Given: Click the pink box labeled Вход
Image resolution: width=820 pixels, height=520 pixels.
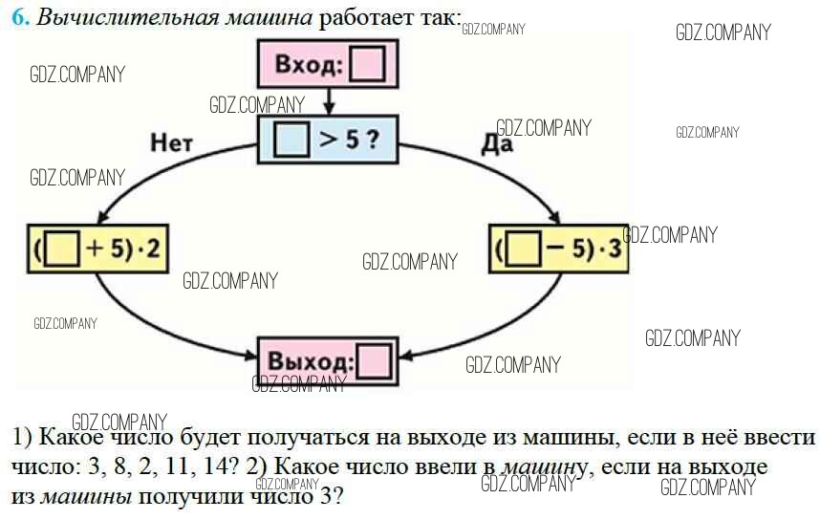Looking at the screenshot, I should point(328,66).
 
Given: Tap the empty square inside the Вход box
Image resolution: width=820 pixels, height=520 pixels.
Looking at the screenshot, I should point(367,66).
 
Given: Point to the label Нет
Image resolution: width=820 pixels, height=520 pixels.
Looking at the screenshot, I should point(171,142).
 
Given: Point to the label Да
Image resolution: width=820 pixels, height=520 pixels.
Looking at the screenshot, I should point(496,144).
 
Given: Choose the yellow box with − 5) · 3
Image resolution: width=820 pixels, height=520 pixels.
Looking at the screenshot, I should point(558,250).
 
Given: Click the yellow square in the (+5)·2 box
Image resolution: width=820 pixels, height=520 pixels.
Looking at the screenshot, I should point(61,249).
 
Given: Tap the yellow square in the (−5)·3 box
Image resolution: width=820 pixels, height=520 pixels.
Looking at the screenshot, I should point(523,251).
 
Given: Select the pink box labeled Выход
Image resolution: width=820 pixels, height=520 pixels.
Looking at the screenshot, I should point(327,363).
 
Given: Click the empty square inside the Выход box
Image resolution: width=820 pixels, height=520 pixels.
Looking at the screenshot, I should point(374,364).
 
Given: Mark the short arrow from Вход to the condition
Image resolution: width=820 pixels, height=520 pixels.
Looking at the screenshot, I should point(328,100).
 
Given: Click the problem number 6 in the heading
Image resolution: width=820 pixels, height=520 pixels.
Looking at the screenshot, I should point(20,18).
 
